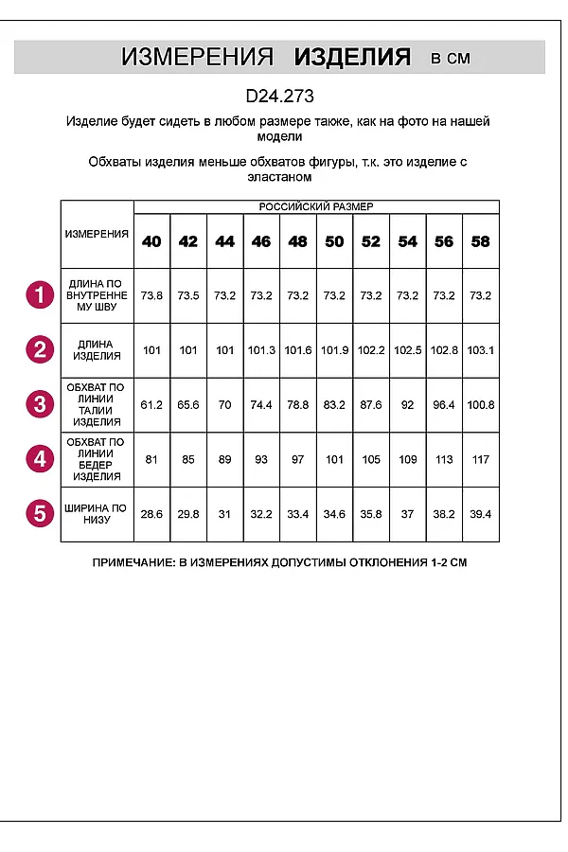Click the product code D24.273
pyautogui.click(x=279, y=96)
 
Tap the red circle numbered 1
pyautogui.click(x=39, y=295)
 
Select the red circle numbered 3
pyautogui.click(x=39, y=405)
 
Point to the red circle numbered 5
pyautogui.click(x=39, y=514)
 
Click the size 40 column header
pyautogui.click(x=151, y=241)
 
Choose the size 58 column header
pyautogui.click(x=481, y=241)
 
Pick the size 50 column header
pyautogui.click(x=334, y=241)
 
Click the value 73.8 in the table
pyautogui.click(x=151, y=295)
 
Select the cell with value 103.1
pyautogui.click(x=481, y=350)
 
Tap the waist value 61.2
pyautogui.click(x=151, y=405)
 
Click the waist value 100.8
pyautogui.click(x=481, y=405)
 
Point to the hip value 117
pyautogui.click(x=481, y=459)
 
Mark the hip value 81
pyautogui.click(x=151, y=459)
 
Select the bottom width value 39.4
pyautogui.click(x=481, y=514)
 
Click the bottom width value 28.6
pyautogui.click(x=151, y=514)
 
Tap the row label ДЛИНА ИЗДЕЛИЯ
pyautogui.click(x=97, y=350)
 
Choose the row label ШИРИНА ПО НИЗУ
pyautogui.click(x=97, y=514)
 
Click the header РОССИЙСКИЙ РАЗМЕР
pyautogui.click(x=316, y=206)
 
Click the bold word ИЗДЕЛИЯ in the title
pyautogui.click(x=352, y=58)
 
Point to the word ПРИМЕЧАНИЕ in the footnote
pyautogui.click(x=133, y=562)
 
